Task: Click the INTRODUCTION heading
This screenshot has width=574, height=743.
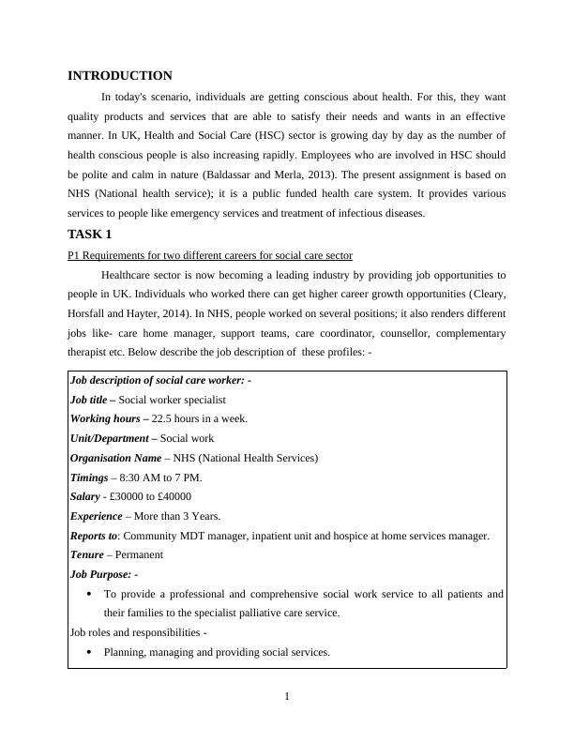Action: [120, 76]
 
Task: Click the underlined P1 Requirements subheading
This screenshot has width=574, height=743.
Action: [210, 255]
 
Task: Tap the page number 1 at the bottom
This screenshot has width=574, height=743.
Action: [287, 696]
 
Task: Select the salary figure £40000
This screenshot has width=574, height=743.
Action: [174, 497]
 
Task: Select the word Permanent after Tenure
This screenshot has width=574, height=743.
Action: [139, 555]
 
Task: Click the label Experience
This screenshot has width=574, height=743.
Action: [96, 517]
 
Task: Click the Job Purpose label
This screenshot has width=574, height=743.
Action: [101, 574]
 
